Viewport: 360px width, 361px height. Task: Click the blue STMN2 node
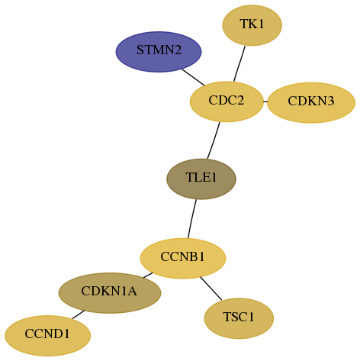click(159, 52)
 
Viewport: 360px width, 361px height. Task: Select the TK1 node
click(252, 25)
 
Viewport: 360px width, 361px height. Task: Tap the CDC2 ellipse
click(227, 102)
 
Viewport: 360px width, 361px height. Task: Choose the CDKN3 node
click(311, 102)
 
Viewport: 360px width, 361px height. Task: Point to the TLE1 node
click(201, 179)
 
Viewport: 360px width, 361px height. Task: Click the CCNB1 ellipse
click(183, 259)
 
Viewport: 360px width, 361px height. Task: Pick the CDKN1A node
click(110, 293)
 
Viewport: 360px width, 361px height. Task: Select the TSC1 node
click(239, 318)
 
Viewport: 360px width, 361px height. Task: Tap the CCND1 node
click(48, 336)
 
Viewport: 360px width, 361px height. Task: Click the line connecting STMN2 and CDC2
click(193, 77)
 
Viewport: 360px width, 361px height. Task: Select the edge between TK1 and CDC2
click(239, 64)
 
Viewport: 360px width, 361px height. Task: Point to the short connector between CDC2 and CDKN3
click(265, 102)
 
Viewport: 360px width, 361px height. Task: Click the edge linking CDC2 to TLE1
click(214, 140)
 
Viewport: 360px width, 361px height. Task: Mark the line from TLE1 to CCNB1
click(192, 219)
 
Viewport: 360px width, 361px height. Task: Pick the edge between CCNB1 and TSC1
click(211, 288)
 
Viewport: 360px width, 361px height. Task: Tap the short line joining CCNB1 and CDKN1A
click(148, 276)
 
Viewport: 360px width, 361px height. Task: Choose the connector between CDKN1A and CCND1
click(79, 314)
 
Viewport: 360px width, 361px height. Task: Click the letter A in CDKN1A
click(132, 291)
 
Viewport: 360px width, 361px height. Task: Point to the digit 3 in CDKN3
click(330, 101)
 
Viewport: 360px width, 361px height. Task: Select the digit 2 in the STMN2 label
click(178, 50)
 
